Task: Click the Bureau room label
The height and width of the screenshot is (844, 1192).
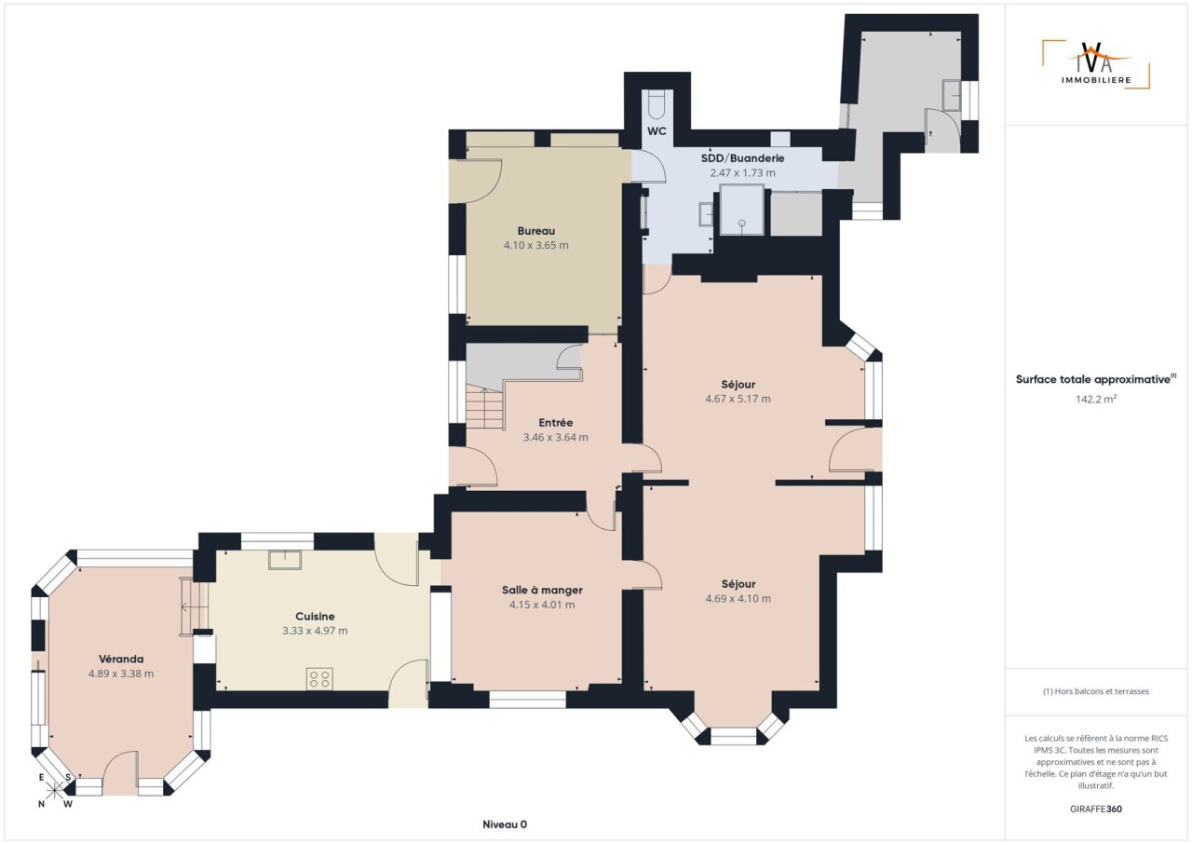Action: click(x=535, y=231)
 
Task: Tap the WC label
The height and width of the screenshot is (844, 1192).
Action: click(x=657, y=131)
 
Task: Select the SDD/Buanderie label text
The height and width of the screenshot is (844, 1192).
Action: click(x=742, y=158)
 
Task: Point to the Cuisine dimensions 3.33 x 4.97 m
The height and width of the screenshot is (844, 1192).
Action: click(x=315, y=631)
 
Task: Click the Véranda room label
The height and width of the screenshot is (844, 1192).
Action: click(x=121, y=659)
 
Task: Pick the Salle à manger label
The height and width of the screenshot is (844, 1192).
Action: click(x=542, y=590)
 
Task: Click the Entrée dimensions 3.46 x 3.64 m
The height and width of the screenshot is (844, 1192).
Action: click(x=556, y=438)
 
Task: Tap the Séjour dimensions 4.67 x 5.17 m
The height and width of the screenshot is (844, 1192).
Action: click(x=738, y=399)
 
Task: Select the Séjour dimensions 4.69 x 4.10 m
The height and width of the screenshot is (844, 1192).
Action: click(x=738, y=598)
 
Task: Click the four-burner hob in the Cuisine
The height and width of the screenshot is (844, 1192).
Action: click(x=319, y=679)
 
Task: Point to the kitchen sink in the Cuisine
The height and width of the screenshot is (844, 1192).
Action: click(x=285, y=561)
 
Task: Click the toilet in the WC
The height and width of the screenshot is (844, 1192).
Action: click(x=657, y=105)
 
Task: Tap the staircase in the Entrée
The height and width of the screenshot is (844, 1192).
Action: click(x=485, y=409)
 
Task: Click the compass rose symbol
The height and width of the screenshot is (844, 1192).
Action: click(x=54, y=791)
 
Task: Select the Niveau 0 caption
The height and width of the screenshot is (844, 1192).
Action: click(x=505, y=824)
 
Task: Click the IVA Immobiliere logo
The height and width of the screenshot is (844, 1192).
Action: click(x=1095, y=64)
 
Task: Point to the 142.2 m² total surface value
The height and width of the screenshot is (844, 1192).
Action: click(x=1096, y=399)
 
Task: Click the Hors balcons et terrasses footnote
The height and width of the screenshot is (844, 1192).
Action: click(x=1096, y=691)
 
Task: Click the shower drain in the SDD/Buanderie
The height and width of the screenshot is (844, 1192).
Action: click(x=742, y=223)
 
